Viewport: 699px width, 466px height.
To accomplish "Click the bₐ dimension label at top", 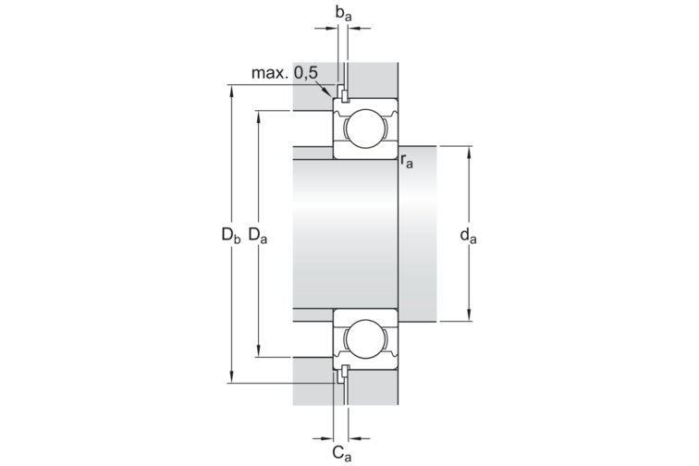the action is point(343,14).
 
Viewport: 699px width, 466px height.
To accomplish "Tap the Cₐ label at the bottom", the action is point(342,453).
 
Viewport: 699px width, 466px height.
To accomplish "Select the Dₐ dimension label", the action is point(258,235).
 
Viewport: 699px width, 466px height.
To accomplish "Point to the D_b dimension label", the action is point(231,235).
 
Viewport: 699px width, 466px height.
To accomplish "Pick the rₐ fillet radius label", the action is point(407,161).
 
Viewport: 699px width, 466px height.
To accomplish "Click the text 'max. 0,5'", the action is point(285,73).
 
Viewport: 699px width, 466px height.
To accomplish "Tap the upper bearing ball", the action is point(365,129).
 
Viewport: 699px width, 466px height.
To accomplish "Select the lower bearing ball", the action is point(365,339).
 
